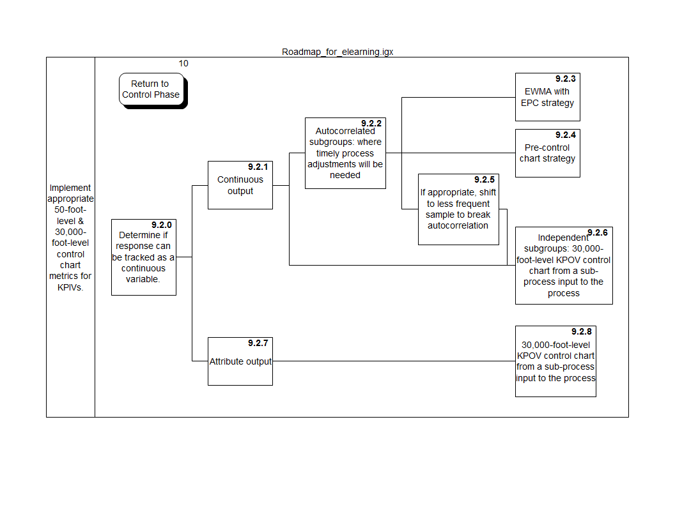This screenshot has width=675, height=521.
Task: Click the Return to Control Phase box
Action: click(x=151, y=89)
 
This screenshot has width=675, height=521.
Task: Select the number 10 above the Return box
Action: click(x=183, y=63)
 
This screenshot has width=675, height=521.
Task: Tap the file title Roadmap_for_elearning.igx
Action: click(x=337, y=52)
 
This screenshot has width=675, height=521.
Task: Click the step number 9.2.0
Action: click(x=162, y=225)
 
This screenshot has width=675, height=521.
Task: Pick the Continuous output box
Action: click(x=240, y=185)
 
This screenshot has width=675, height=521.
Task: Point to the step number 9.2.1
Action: click(x=258, y=167)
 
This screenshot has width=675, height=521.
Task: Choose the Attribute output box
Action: click(x=240, y=361)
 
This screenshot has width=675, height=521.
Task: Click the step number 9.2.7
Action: click(x=258, y=343)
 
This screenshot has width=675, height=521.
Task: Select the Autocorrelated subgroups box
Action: click(x=345, y=153)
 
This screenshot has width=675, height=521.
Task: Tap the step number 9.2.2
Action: click(x=371, y=123)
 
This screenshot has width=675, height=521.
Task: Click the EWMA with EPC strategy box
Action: click(x=547, y=97)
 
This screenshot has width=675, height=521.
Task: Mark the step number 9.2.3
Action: click(x=566, y=79)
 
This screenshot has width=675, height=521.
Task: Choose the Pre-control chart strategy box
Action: click(x=547, y=153)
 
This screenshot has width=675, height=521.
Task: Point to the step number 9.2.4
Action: click(x=566, y=135)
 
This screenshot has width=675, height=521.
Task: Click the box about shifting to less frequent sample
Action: click(x=458, y=209)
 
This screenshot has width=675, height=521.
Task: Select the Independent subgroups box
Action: click(x=564, y=265)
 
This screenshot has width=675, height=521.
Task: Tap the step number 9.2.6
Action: click(x=598, y=232)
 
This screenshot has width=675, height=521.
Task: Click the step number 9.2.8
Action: click(x=582, y=332)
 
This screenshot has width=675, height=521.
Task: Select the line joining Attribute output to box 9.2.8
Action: click(x=393, y=361)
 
